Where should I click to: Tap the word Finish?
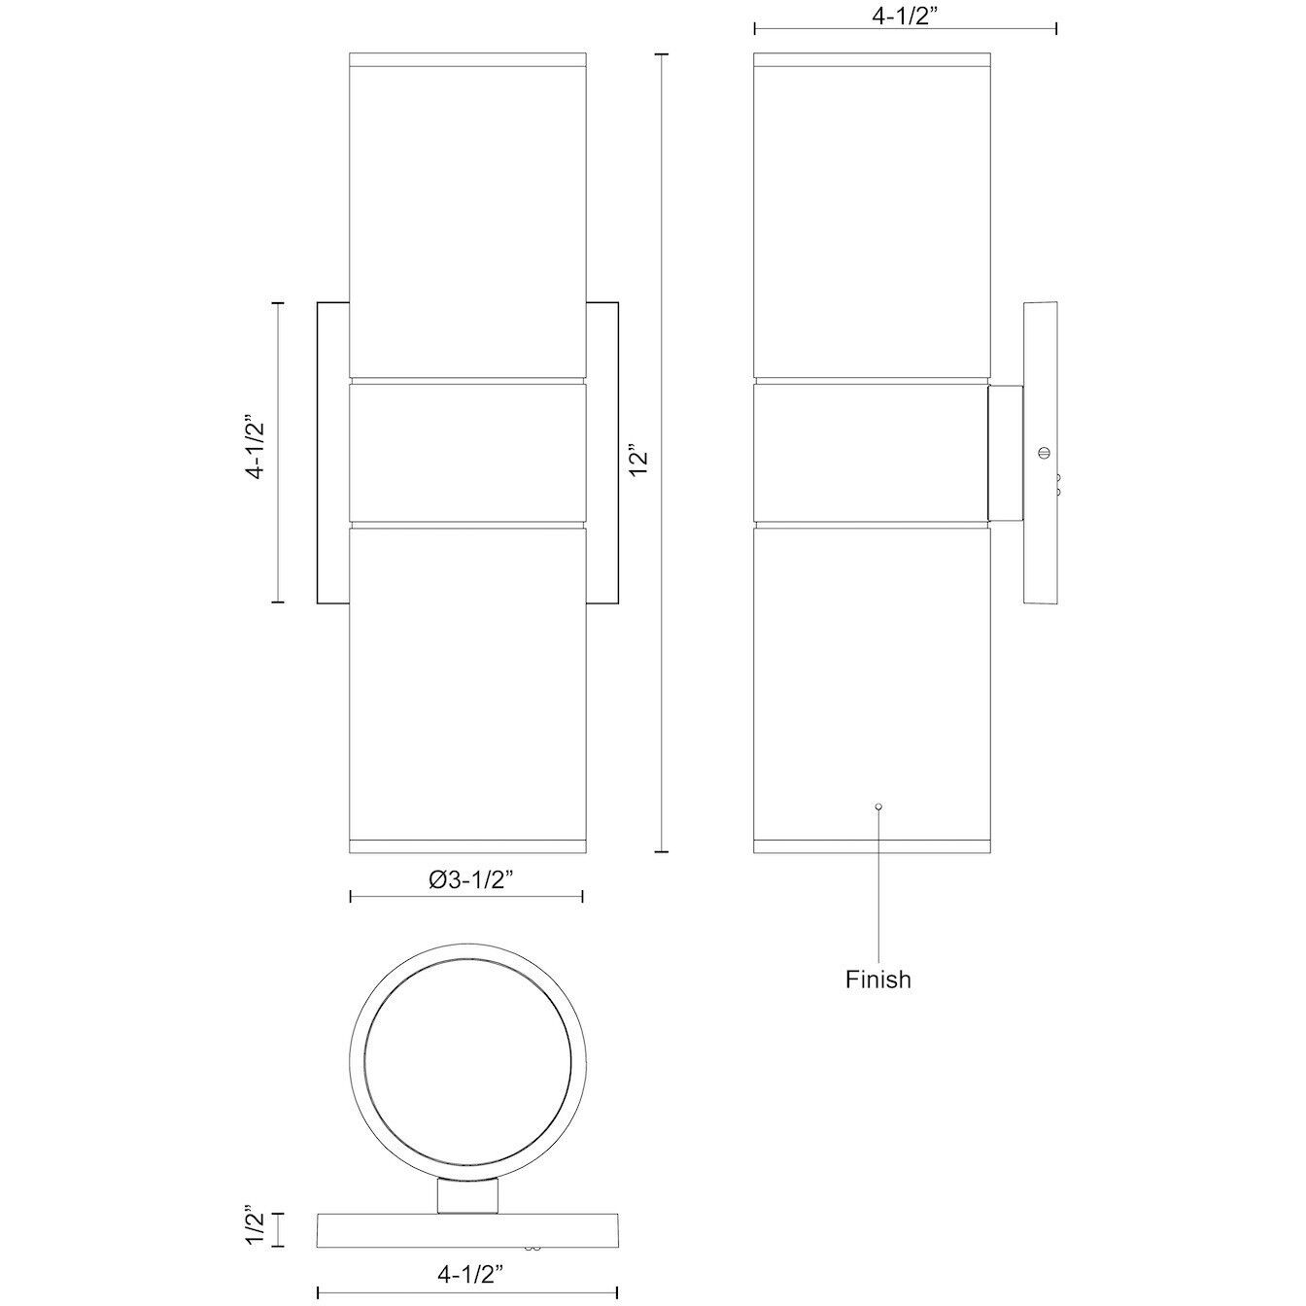pos(878,979)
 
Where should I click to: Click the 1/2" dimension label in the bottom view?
pos(256,1227)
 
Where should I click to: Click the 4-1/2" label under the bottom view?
pos(467,1271)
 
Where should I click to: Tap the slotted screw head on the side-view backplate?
pos(1046,452)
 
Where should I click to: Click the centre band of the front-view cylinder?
pos(467,453)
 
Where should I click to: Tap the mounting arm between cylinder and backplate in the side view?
pos(1005,453)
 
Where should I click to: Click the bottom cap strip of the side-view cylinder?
pos(872,843)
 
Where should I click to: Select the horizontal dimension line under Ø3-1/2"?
pos(466,896)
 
